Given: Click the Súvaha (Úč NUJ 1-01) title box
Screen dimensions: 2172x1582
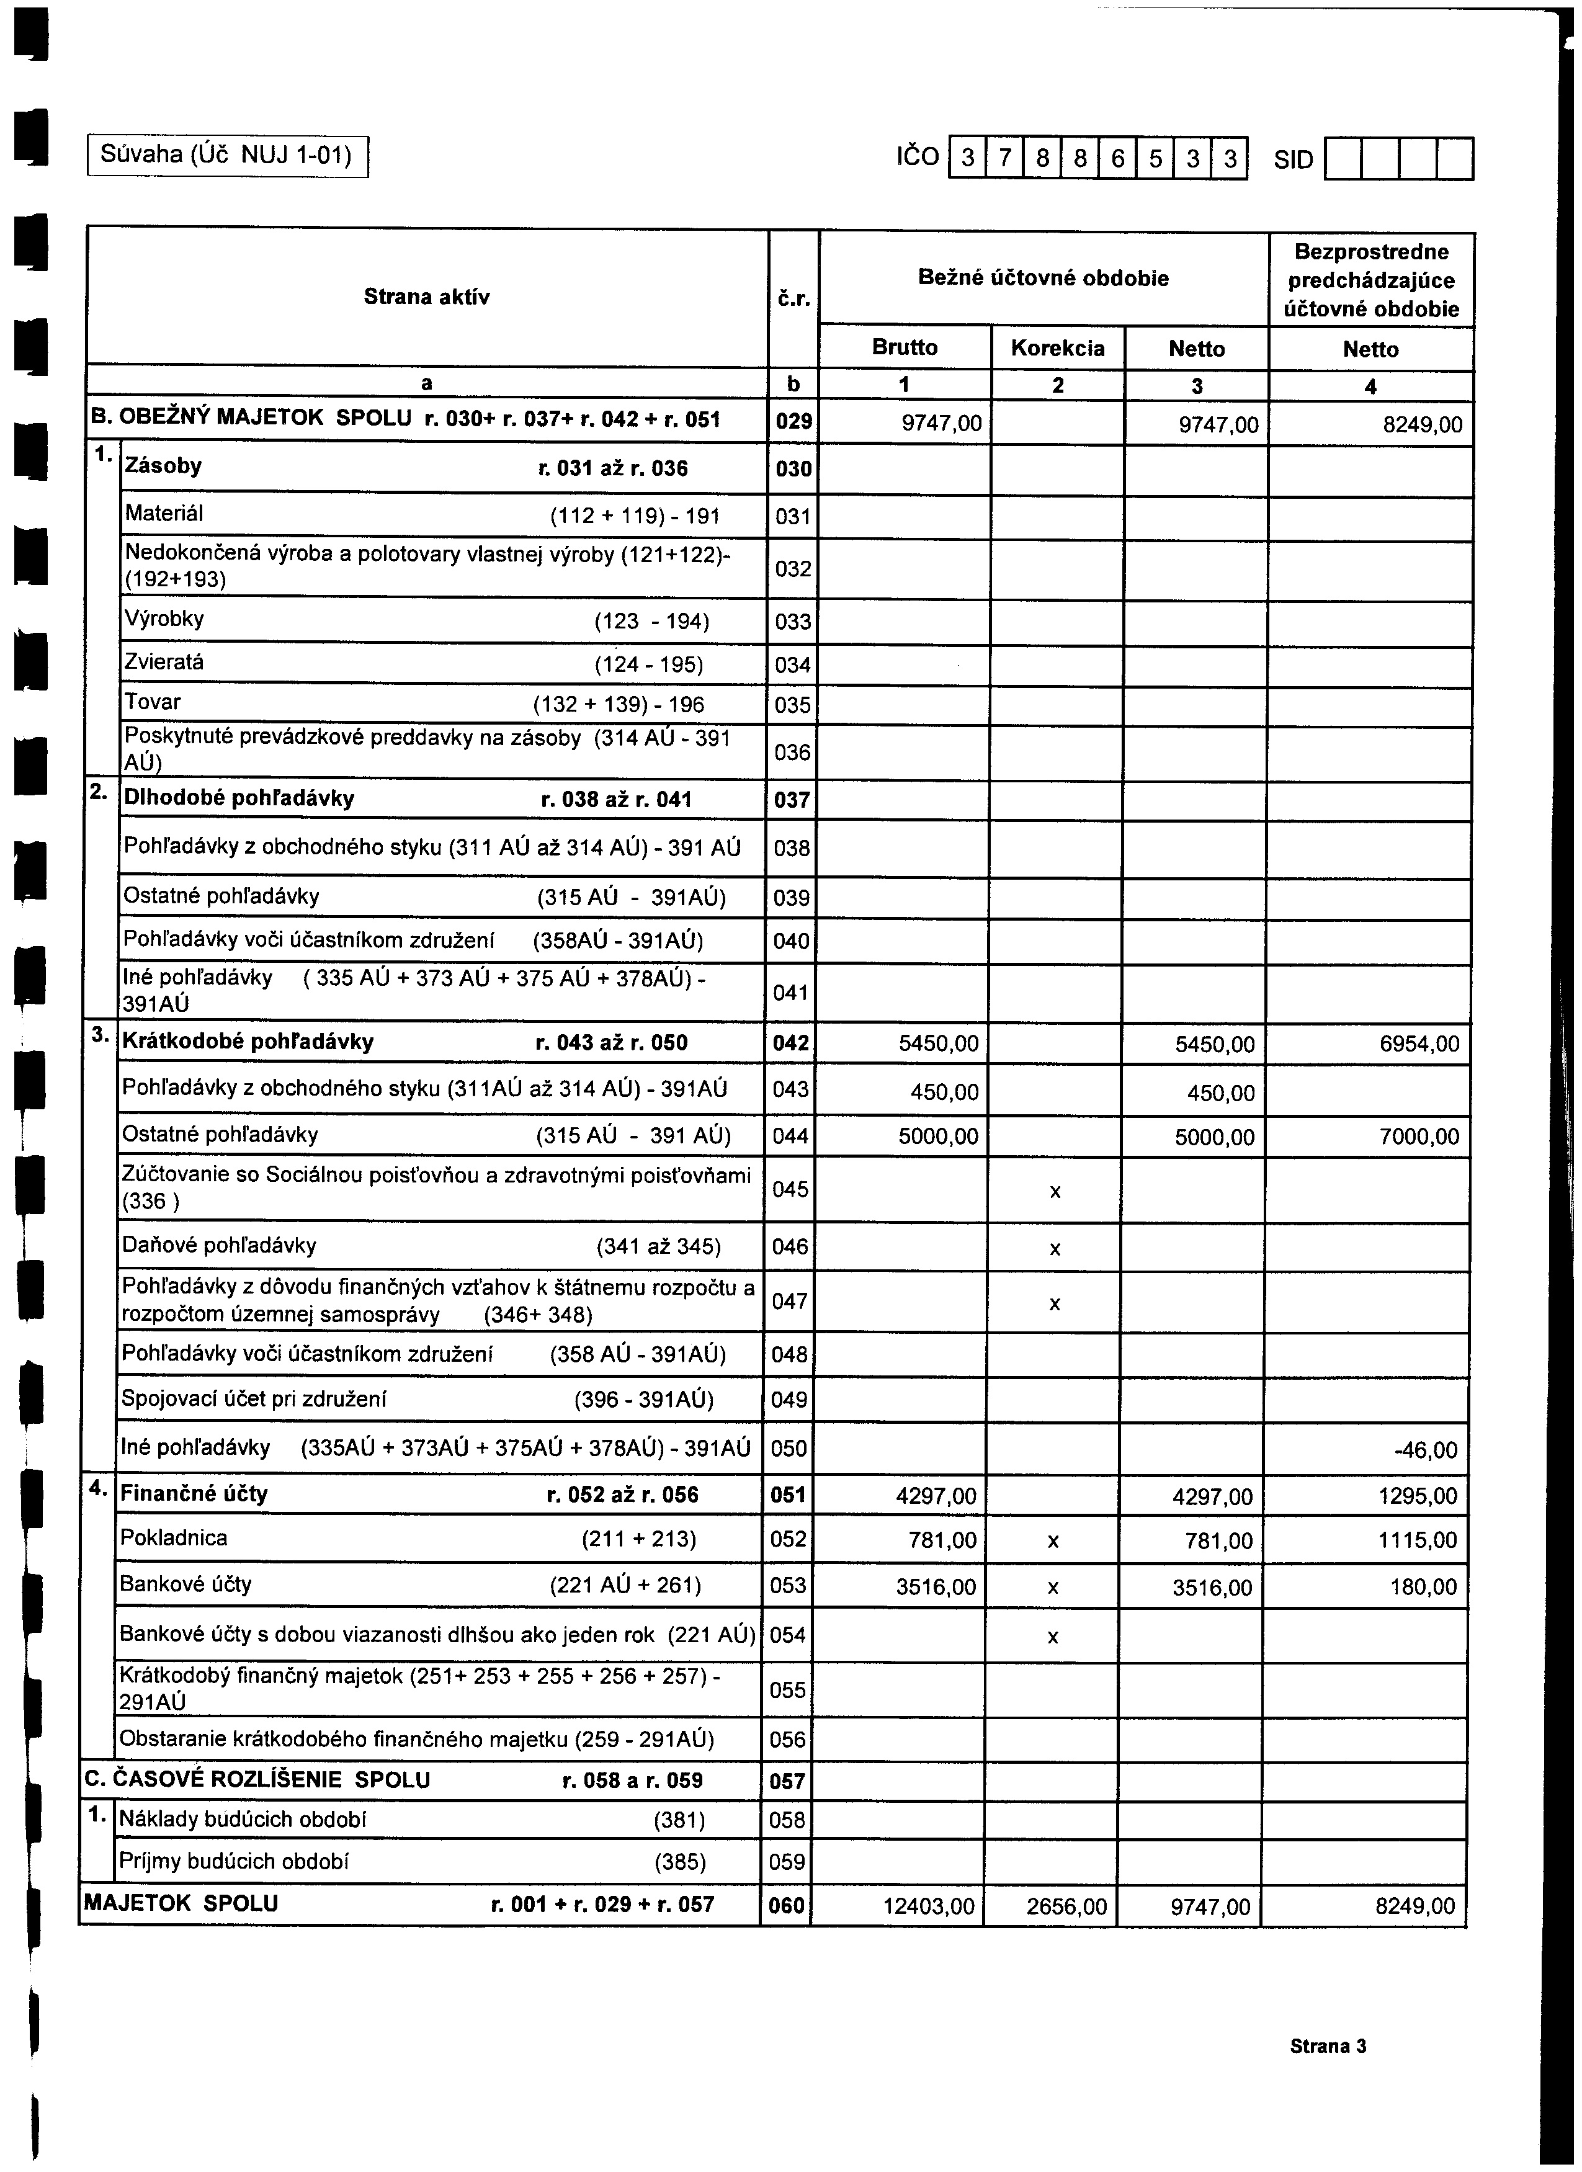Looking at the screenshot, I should pos(227,154).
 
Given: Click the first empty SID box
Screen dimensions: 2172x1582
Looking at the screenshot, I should pos(1343,160).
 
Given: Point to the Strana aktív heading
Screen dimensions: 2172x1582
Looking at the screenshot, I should pos(426,297).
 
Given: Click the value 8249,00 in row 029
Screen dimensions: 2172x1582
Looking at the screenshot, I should pos(1422,425).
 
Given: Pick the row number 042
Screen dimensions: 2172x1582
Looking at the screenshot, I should pos(791,1043).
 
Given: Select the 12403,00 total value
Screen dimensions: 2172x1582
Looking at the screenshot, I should pos(928,1906).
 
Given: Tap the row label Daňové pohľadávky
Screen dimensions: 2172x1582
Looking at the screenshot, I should pos(218,1246).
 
